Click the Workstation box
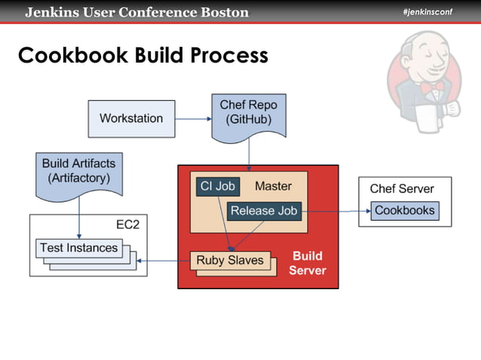tap(131, 119)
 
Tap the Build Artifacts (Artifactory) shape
tap(78, 172)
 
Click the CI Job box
tap(218, 187)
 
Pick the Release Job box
tap(264, 211)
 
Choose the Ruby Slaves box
tap(230, 261)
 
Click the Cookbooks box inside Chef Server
tap(405, 211)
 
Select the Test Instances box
tap(78, 248)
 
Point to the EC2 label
tap(127, 224)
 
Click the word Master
tap(273, 186)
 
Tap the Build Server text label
tap(308, 263)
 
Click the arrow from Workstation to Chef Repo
tap(192, 119)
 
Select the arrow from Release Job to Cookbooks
tap(335, 211)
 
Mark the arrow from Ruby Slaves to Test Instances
tap(164, 261)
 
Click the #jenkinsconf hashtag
tap(427, 11)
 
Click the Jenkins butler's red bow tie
tap(432, 87)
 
